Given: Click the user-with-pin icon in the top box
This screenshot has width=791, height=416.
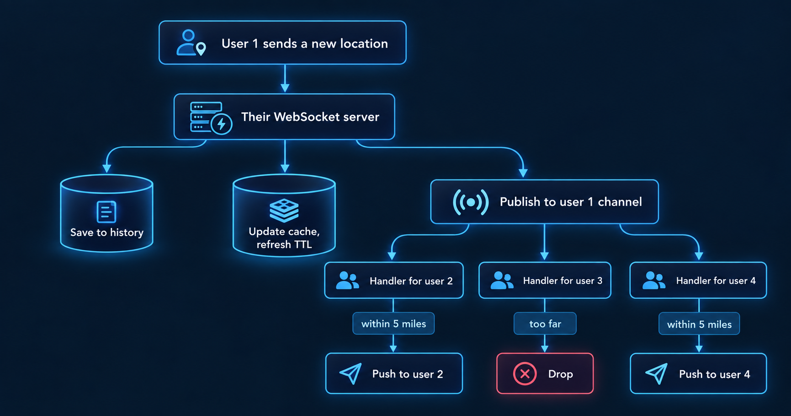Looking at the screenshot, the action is click(191, 43).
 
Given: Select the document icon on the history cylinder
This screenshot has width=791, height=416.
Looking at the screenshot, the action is click(106, 212).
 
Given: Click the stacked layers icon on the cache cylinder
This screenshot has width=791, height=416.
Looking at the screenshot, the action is click(284, 210).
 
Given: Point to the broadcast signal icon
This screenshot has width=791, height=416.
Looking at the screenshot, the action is click(471, 202).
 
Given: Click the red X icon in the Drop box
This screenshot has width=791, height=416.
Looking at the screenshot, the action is click(525, 374).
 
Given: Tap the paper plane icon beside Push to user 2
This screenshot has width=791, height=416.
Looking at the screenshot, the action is click(350, 373).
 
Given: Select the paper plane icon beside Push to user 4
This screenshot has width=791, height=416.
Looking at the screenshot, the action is click(656, 373).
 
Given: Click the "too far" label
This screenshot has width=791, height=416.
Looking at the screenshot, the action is click(545, 324).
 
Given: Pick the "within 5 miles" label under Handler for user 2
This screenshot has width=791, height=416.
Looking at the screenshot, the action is click(393, 324).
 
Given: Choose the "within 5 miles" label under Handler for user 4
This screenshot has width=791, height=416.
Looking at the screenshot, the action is click(699, 324).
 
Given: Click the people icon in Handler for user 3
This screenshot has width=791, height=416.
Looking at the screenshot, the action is click(502, 281).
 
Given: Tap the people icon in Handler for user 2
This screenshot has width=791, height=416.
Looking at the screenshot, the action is click(347, 281).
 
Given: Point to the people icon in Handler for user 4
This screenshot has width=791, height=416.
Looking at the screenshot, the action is click(654, 281).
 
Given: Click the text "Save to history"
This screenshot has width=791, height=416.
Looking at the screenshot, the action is click(107, 232).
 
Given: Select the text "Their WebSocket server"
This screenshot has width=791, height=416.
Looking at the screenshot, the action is click(310, 117).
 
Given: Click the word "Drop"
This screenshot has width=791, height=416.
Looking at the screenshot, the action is click(560, 374).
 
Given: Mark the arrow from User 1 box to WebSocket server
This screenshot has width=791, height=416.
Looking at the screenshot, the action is click(285, 78).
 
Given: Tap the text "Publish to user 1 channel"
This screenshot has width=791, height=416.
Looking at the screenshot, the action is click(571, 202).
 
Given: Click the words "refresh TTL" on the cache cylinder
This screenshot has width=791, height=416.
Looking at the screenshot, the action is click(284, 244).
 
